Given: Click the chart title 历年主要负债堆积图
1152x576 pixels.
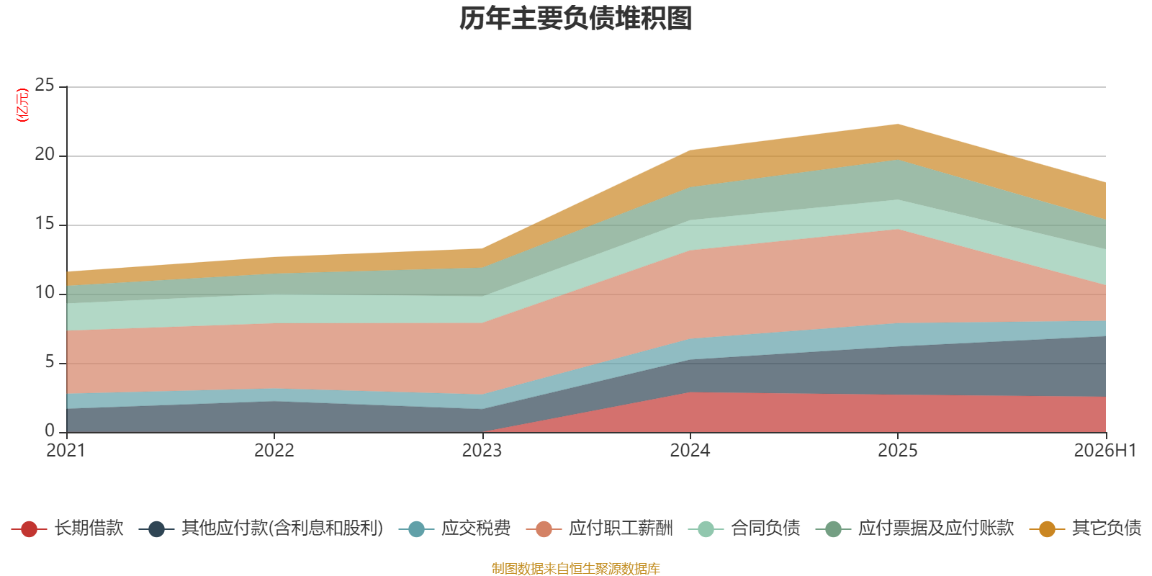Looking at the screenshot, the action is [575, 19].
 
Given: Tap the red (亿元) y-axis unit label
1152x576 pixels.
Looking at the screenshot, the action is [22, 105].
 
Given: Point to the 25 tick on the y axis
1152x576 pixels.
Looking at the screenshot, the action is [45, 85].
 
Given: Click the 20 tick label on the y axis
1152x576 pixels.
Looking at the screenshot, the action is [45, 154].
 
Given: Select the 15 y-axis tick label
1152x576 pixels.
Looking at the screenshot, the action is [45, 223].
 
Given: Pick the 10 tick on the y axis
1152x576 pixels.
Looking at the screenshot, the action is [45, 292].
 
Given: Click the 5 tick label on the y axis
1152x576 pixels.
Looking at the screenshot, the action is [50, 361].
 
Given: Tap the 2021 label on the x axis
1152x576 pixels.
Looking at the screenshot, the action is [66, 451].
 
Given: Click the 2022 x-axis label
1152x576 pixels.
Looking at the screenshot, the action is [274, 451].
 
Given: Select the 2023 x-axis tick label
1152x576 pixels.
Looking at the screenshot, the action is [482, 451].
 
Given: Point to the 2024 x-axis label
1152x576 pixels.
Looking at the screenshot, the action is [690, 451].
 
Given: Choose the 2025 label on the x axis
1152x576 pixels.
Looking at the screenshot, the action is [897, 451].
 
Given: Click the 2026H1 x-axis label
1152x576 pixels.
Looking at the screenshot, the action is [1105, 451].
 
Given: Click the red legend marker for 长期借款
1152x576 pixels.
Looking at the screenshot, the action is [30, 528].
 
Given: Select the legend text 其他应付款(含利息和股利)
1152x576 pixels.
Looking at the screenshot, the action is [282, 528].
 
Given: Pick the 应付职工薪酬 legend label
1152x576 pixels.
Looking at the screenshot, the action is [621, 528].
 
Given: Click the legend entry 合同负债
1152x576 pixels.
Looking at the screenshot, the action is [765, 528].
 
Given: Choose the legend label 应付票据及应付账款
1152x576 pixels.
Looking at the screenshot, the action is [936, 528].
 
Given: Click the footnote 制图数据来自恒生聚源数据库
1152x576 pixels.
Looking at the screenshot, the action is [575, 568].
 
